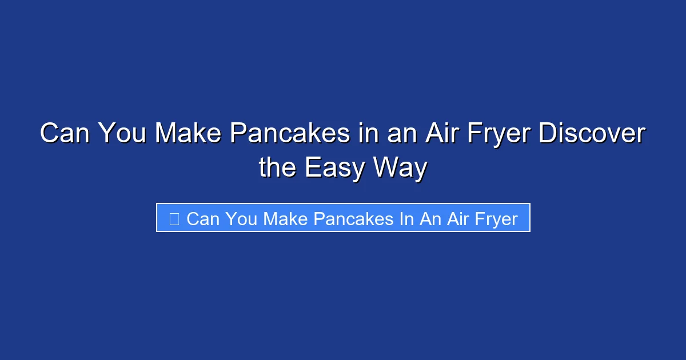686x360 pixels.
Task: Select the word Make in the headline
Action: [187, 134]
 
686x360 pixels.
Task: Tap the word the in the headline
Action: [278, 168]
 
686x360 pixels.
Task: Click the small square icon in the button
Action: [174, 218]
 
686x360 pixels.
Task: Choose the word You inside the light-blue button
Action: [240, 218]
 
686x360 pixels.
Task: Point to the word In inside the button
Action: [406, 218]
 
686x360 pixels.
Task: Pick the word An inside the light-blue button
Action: [430, 218]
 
